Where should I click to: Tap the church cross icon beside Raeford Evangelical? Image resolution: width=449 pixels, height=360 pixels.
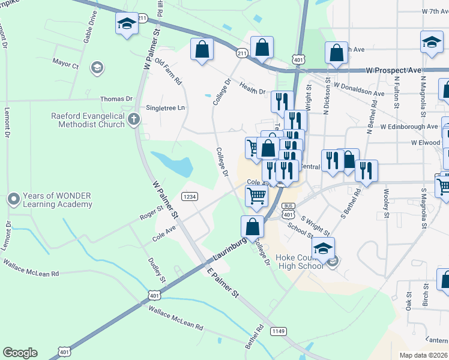click(134, 121)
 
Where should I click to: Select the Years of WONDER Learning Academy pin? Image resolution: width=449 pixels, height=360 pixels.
click(13, 198)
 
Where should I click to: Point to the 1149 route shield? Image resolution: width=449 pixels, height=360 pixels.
click(278, 331)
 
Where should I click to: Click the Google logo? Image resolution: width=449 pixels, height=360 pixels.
click(20, 353)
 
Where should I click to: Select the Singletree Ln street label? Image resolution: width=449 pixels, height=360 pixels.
click(166, 108)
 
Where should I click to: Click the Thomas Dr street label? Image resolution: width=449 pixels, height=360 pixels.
click(116, 98)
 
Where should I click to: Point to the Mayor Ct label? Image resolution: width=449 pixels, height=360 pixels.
click(65, 64)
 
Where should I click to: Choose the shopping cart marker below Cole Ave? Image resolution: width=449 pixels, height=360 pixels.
click(256, 195)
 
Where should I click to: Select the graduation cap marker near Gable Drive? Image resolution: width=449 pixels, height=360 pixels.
click(127, 25)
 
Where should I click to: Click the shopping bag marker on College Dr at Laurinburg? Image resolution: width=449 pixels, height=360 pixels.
click(253, 227)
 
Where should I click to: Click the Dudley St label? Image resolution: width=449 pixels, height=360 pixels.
click(157, 270)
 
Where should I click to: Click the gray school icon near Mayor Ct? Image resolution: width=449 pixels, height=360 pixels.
click(96, 68)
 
